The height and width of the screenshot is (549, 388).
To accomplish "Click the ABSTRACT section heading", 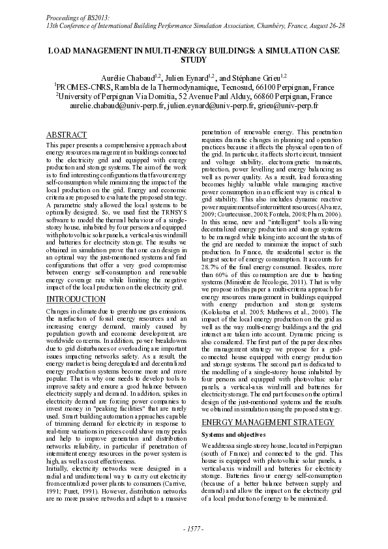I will coord(67,134).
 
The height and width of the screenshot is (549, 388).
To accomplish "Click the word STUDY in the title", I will coord(194,59).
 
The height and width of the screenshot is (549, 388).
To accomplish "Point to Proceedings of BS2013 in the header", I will coord(74,14).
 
